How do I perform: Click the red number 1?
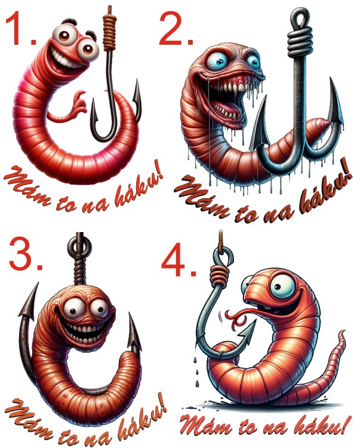(23, 29)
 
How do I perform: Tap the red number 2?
(176, 29)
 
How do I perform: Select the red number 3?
(26, 254)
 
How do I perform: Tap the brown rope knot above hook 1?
(110, 32)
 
